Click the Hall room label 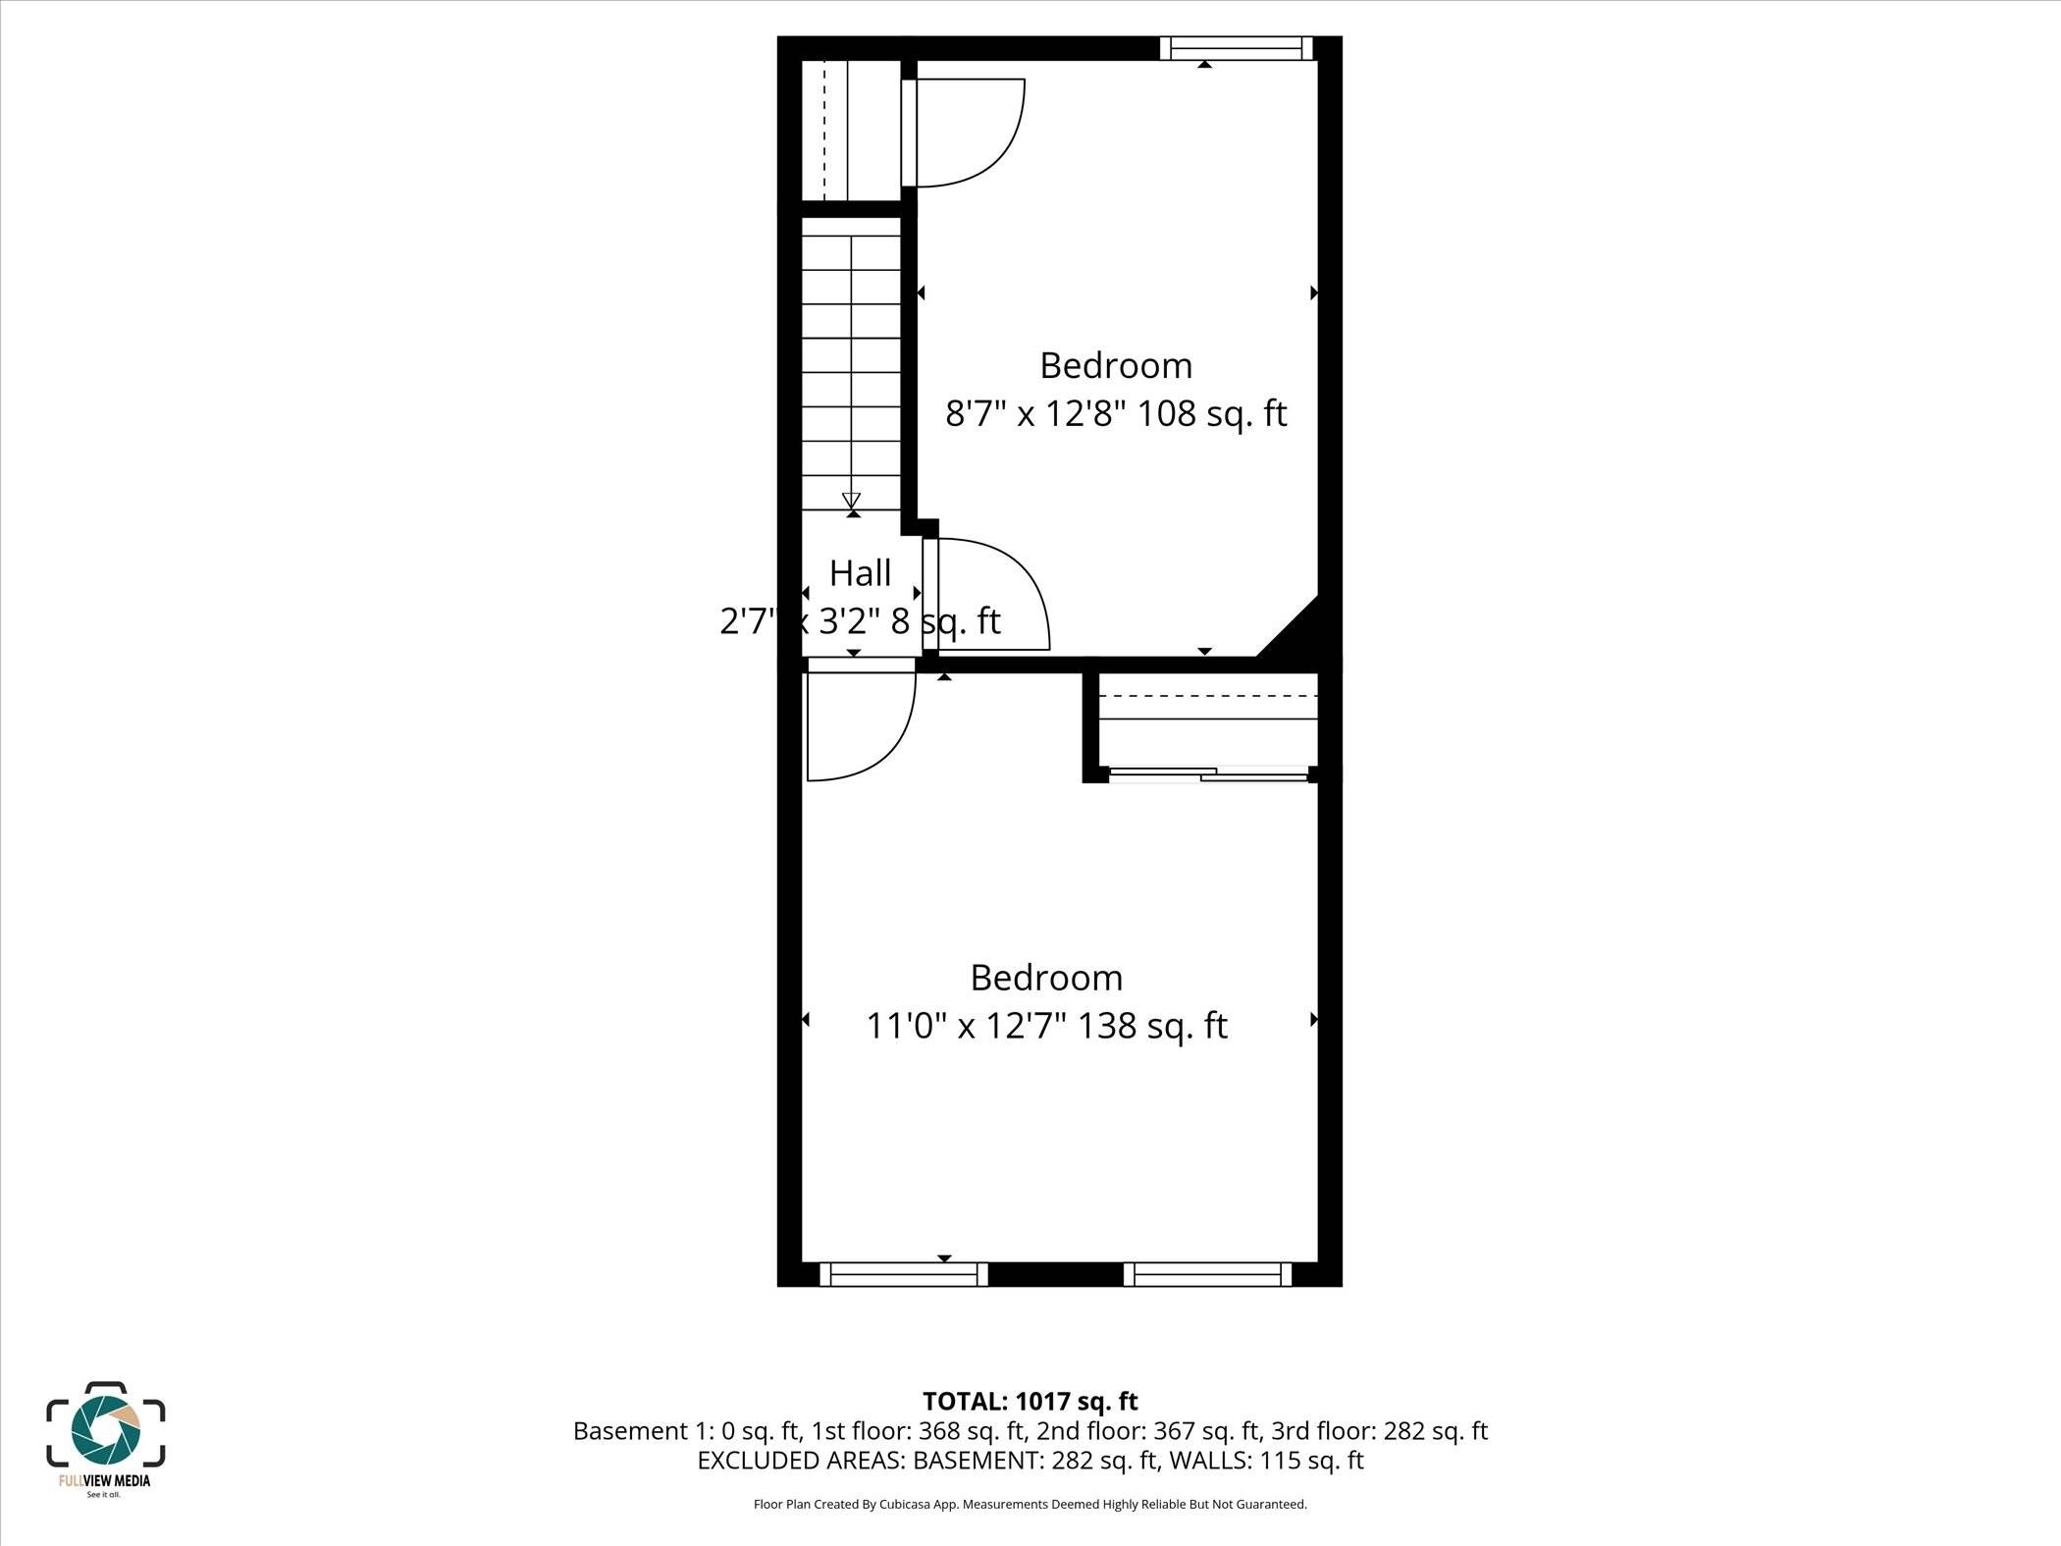[860, 573]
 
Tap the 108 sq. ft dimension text [1211, 413]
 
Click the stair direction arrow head [851, 501]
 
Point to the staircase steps [851, 363]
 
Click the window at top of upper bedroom [1236, 48]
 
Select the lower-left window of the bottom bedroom [904, 1274]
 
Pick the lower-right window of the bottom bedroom [1207, 1274]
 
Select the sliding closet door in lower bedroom [1208, 774]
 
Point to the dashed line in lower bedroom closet [1207, 696]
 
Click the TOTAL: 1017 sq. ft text [1030, 1401]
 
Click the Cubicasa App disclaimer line [1030, 1504]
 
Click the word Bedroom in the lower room [1046, 978]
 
